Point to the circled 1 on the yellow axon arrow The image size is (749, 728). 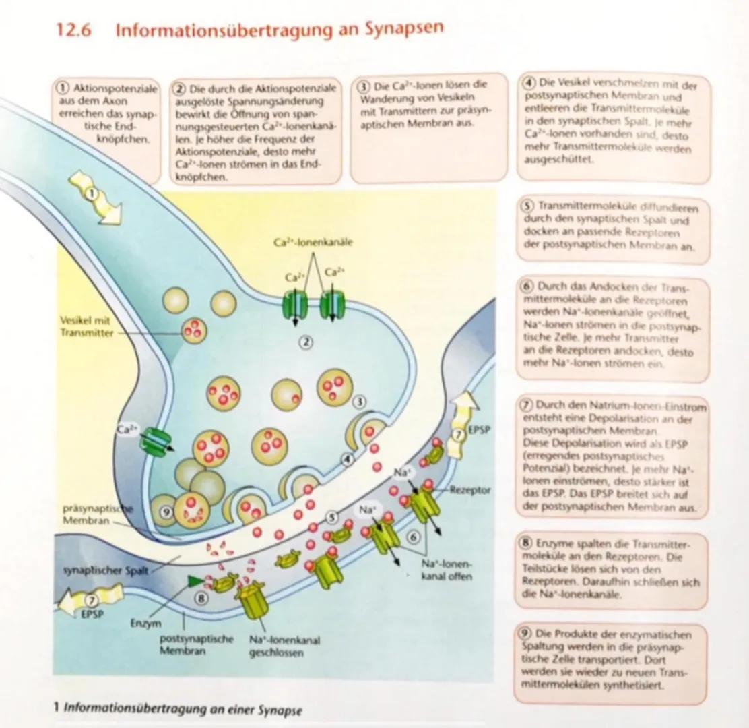(94, 193)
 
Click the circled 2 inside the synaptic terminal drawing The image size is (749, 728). (307, 341)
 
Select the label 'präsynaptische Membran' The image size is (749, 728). (88, 516)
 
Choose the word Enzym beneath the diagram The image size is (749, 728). (145, 623)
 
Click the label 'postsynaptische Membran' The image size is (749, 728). (187, 644)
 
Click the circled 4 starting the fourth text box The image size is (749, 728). (529, 84)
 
